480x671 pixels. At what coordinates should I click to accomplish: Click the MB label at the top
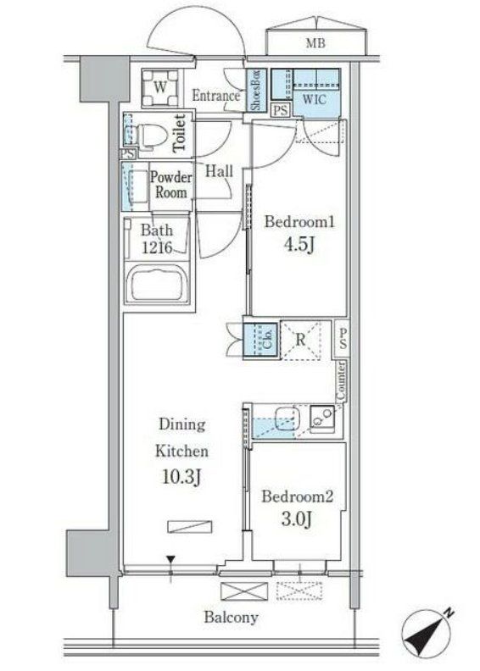315,43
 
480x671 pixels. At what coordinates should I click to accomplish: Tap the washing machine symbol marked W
159,86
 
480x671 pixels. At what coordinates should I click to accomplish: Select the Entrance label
216,96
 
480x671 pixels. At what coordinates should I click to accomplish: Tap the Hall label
220,171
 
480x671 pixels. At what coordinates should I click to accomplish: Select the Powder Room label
171,185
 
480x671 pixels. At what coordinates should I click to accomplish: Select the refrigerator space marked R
302,341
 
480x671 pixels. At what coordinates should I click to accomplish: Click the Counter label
340,380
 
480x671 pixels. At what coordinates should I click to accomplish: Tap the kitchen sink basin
285,420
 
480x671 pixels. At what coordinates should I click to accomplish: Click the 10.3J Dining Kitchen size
179,478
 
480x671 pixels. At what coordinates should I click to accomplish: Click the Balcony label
231,617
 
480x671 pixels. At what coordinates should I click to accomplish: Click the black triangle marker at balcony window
172,560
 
